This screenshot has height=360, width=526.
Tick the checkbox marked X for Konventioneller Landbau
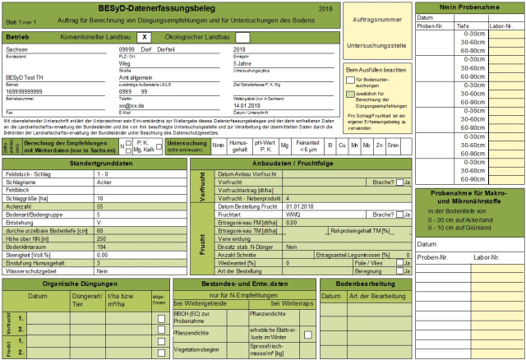[x=144, y=38]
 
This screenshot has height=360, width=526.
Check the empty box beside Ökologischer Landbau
[x=242, y=38]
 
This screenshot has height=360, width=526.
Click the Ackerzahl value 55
[x=100, y=206]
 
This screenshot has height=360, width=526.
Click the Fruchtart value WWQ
[x=293, y=214]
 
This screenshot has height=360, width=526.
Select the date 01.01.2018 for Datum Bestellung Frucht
[x=300, y=205]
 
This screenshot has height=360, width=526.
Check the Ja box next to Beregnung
[x=399, y=270]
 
